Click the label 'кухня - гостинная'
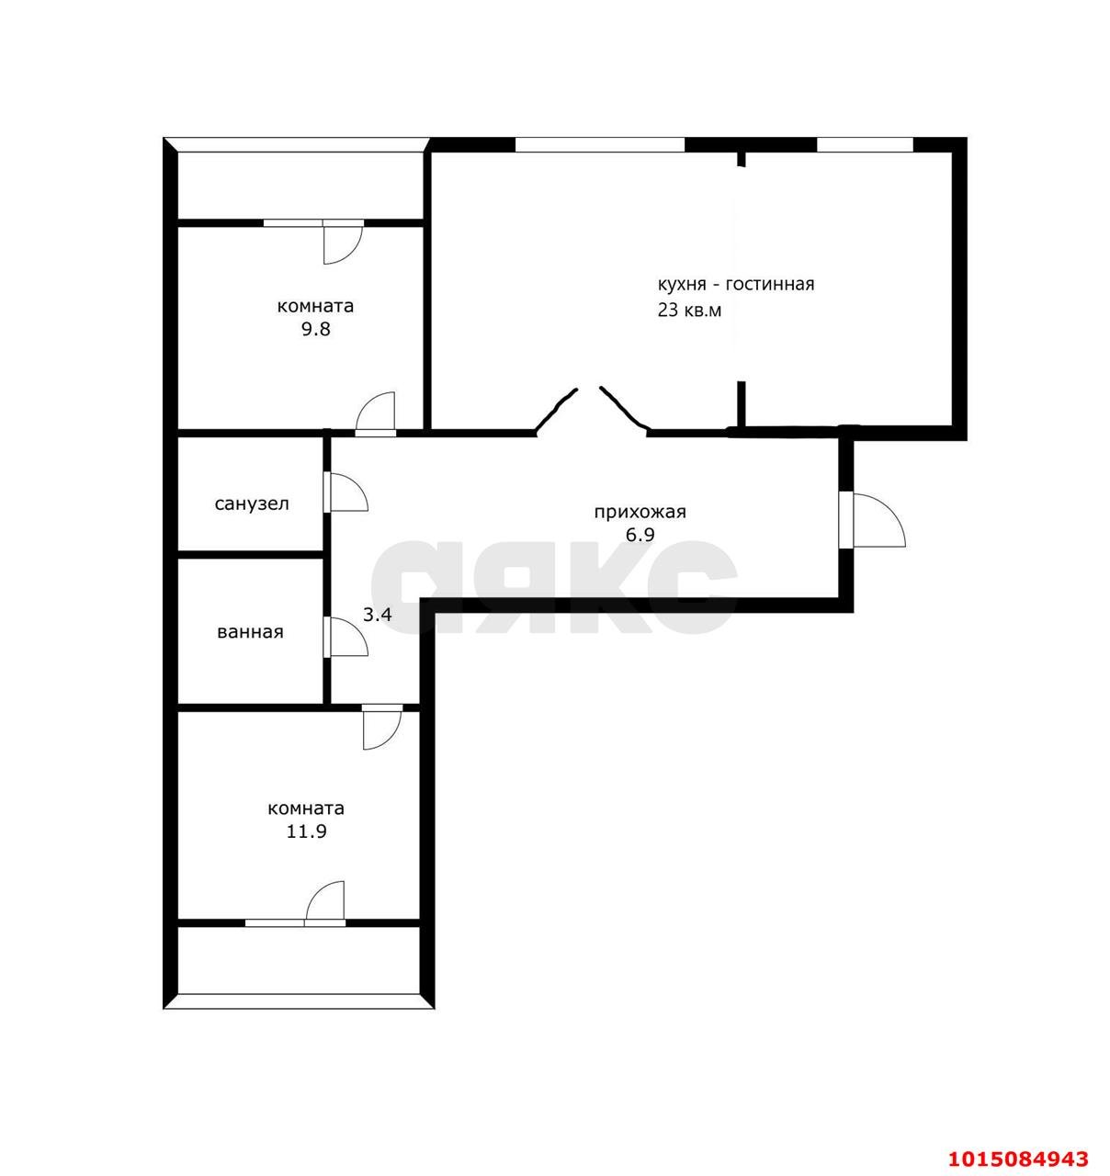[736, 284]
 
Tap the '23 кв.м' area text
[689, 310]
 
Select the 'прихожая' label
[640, 512]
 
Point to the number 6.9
[640, 535]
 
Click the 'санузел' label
[252, 503]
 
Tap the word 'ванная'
[251, 632]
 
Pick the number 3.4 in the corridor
[377, 615]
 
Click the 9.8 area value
[316, 329]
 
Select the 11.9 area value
[306, 831]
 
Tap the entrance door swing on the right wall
[873, 520]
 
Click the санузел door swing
[345, 492]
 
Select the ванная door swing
[345, 637]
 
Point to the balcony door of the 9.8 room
[343, 242]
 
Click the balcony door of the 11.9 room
[324, 902]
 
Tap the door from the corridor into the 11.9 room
[382, 728]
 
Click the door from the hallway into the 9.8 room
[376, 414]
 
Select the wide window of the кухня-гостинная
[599, 145]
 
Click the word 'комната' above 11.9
[306, 808]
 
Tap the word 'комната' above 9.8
[316, 306]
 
